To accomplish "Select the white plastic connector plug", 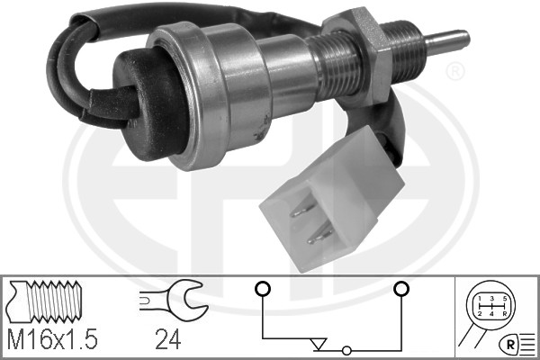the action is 330,200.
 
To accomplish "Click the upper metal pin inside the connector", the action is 302,210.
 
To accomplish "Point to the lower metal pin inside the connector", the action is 319,236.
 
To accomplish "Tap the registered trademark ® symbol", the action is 454,72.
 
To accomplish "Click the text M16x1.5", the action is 52,339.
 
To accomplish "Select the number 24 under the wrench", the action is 167,339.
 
